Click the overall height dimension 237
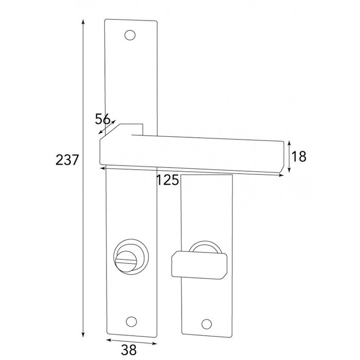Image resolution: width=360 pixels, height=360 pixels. [x=67, y=160]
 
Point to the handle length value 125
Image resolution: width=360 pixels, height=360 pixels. [x=168, y=180]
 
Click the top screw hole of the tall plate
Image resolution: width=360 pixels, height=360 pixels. [x=130, y=35]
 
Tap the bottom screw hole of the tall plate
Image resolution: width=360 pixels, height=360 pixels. [x=130, y=320]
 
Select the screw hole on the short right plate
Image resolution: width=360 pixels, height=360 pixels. [x=207, y=323]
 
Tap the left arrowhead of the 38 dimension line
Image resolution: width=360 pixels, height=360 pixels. [x=107, y=340]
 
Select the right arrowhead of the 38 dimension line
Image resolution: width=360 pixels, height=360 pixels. [x=154, y=340]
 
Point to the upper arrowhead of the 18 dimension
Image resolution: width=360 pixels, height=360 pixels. [x=290, y=142]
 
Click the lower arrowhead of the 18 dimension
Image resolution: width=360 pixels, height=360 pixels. [x=290, y=171]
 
